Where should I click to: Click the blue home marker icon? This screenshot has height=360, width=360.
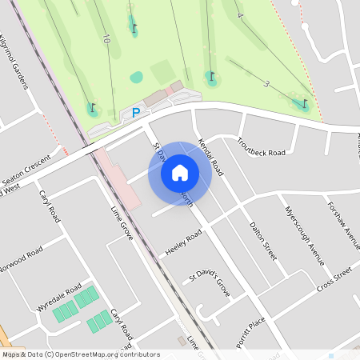pos(180,173)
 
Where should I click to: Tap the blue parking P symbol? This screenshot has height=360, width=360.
pos(135,113)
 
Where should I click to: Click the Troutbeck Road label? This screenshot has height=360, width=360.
pos(261,146)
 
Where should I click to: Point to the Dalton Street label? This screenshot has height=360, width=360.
pos(262,241)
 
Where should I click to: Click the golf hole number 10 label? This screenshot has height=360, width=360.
pos(106,38)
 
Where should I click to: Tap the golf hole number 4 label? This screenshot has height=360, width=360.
pos(239,15)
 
